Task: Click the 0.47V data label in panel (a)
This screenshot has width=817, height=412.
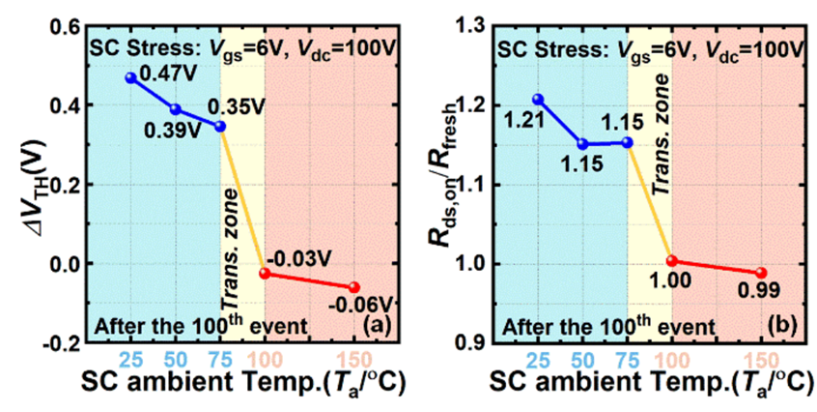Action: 161,72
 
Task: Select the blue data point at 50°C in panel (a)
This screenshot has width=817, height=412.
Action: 175,109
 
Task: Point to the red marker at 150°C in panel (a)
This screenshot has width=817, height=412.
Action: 354,287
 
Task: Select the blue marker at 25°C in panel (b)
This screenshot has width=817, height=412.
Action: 538,99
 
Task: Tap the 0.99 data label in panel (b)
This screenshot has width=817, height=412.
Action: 760,290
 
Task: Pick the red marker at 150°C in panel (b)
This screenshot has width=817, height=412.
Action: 761,273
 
